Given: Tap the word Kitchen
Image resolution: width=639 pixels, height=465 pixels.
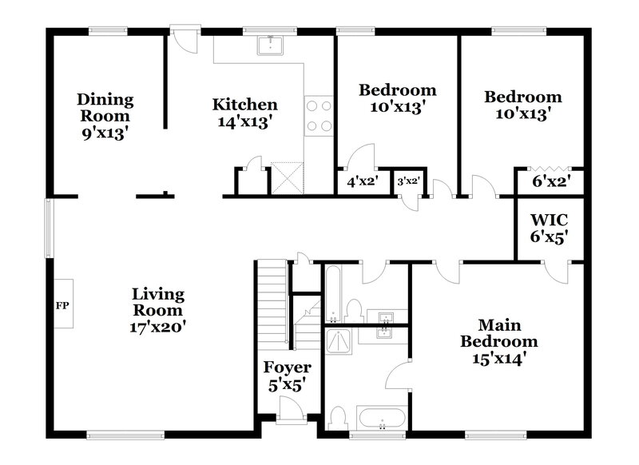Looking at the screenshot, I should coord(244,105).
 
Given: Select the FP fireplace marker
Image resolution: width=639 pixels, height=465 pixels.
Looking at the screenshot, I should coord(62,305).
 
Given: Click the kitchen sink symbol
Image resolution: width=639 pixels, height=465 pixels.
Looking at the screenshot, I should coord(272,45).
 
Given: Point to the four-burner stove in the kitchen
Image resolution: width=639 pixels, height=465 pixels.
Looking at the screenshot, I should coord(319,116).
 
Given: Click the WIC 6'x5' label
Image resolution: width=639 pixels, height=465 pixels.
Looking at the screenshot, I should coord(549,227).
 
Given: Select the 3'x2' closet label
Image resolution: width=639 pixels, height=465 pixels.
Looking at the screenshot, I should coord(408,182).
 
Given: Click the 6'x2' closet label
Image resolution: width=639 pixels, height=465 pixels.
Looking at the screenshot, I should coord(549,182).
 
